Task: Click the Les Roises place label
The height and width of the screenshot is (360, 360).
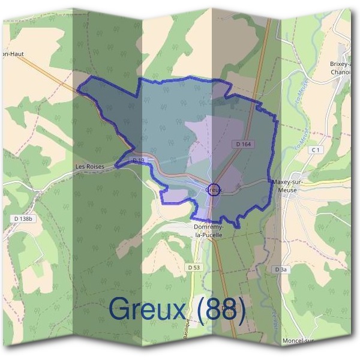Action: (x=90, y=166)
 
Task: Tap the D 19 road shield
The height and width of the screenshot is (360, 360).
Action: (x=139, y=160)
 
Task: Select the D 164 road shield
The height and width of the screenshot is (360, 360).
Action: (x=242, y=145)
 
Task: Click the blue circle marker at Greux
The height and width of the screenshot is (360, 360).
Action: (x=214, y=189)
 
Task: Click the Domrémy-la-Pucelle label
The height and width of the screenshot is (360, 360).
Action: (x=208, y=231)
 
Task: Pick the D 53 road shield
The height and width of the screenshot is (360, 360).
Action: (x=193, y=266)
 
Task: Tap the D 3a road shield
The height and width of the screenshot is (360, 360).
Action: (x=281, y=270)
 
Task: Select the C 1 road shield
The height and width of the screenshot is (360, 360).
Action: (x=317, y=149)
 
